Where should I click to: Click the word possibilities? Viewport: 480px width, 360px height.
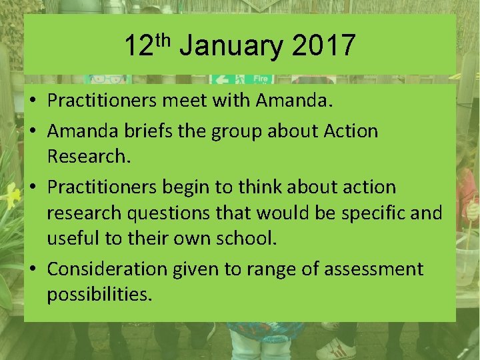(x=99, y=295)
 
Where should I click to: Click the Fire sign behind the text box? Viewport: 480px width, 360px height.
(x=261, y=79)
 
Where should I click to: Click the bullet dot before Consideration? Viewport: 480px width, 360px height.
(x=33, y=269)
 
